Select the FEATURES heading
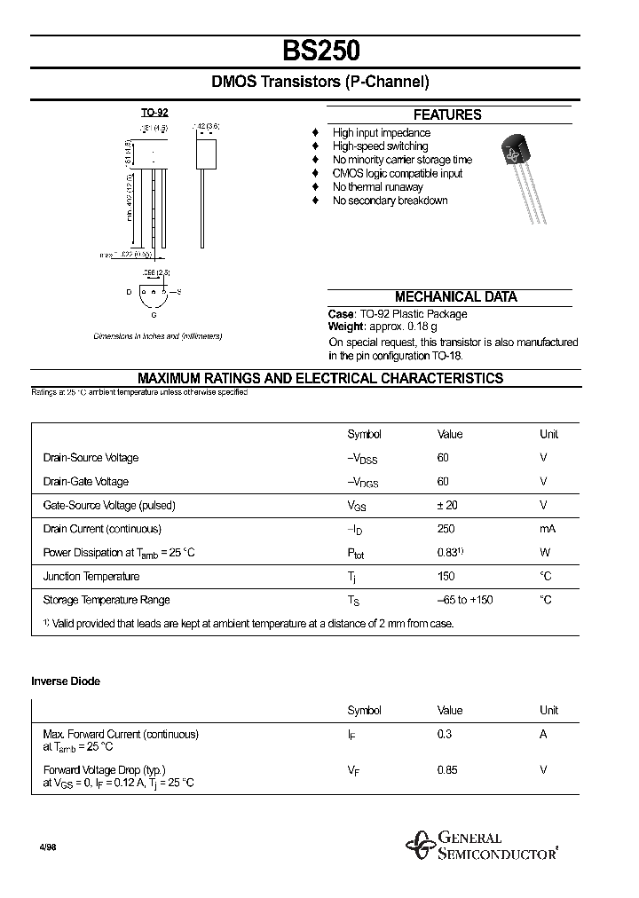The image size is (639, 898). tap(447, 114)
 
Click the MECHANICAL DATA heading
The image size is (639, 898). tap(455, 297)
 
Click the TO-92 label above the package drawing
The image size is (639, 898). tap(154, 113)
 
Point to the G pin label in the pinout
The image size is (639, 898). tap(154, 315)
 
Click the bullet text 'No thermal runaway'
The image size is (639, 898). tap(377, 187)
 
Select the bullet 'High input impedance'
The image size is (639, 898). tap(381, 133)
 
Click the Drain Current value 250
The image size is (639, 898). tap(446, 529)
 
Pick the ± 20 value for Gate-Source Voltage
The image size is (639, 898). tap(448, 505)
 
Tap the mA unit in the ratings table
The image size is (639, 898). tap(547, 529)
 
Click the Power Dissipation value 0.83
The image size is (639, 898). tap(448, 552)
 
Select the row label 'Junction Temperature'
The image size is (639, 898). tap(91, 577)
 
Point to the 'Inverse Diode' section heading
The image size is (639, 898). tap(66, 681)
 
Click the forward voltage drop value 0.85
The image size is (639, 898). tap(447, 770)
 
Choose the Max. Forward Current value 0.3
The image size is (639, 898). tap(444, 734)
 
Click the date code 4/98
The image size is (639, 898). tap(47, 848)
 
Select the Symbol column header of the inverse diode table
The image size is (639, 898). tap(364, 710)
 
